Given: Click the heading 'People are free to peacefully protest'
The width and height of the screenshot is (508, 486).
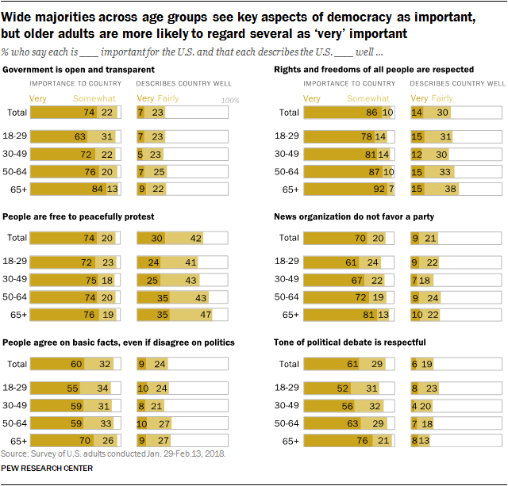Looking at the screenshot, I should click(x=79, y=216).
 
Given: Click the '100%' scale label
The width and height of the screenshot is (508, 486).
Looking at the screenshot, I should click(x=229, y=101).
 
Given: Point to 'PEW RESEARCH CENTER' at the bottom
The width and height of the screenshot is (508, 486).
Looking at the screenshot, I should click(x=48, y=469).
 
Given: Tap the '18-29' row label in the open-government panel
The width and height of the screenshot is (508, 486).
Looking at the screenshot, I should click(x=16, y=136).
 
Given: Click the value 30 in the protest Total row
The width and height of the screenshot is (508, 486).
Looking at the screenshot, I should click(x=157, y=237).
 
